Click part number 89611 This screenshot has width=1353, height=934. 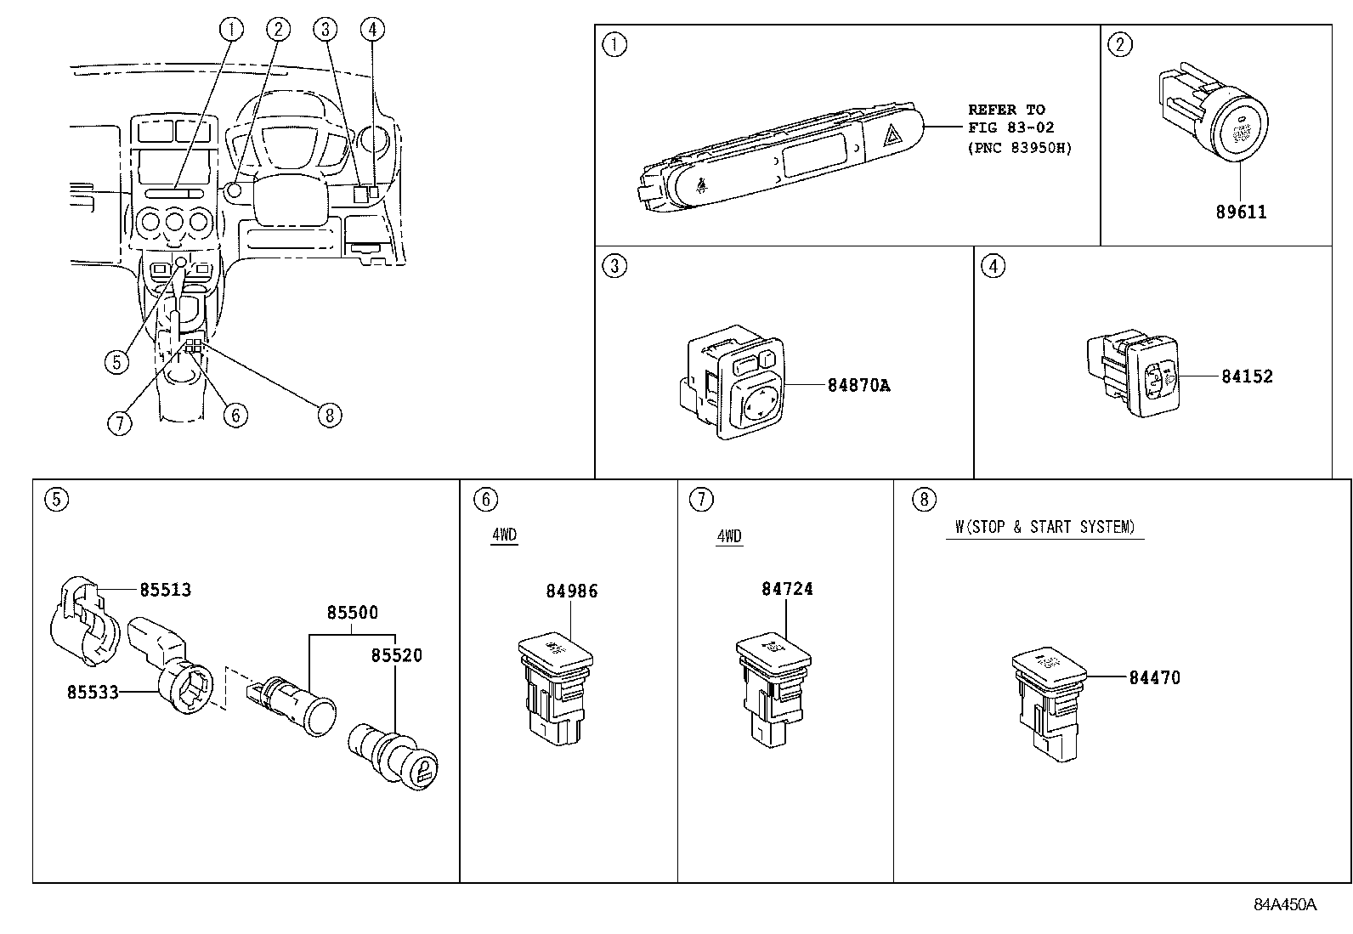[x=1241, y=212]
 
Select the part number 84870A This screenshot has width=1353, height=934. [x=858, y=386]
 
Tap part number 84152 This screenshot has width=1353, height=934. [x=1247, y=376]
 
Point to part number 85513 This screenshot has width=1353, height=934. [x=166, y=590]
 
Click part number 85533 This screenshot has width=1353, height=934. [x=93, y=693]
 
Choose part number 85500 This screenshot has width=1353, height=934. [x=353, y=613]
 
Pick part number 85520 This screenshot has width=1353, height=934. [x=396, y=655]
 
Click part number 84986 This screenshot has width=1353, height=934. [x=572, y=591]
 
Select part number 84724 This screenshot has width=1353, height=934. [x=787, y=589]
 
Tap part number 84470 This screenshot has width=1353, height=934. [x=1154, y=678]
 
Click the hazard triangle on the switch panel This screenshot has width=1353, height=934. [x=891, y=137]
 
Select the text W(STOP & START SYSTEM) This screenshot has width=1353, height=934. [x=1045, y=527]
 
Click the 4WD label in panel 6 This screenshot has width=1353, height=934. [x=504, y=535]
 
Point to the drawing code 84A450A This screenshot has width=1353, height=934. [x=1285, y=904]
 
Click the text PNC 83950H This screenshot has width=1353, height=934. [x=1020, y=147]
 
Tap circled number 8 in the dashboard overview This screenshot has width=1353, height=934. [x=330, y=415]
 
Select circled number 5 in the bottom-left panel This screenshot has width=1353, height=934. [x=57, y=500]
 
